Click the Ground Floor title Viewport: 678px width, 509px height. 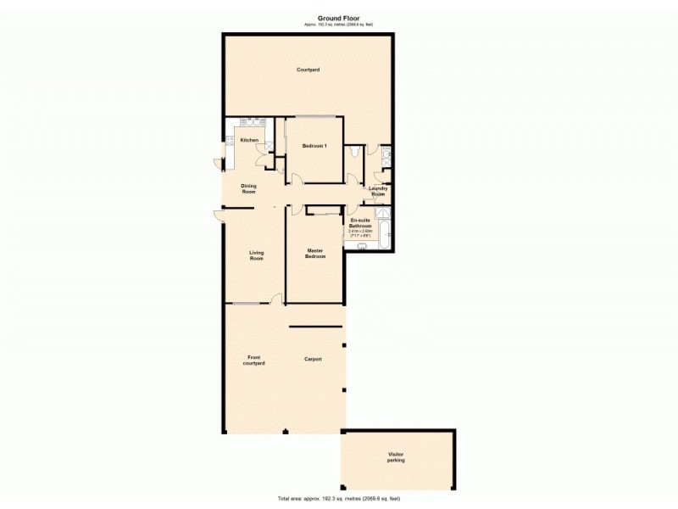pyautogui.click(x=339, y=17)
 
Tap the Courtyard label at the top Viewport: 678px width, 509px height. pyautogui.click(x=308, y=70)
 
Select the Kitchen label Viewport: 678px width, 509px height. pyautogui.click(x=249, y=140)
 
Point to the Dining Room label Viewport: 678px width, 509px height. pyautogui.click(x=248, y=188)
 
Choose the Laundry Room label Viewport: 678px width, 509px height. pyautogui.click(x=378, y=191)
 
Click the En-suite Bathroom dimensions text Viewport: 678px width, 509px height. pyautogui.click(x=360, y=232)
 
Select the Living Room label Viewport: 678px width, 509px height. pyautogui.click(x=256, y=255)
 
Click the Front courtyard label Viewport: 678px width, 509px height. pyautogui.click(x=255, y=360)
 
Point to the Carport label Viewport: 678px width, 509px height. pyautogui.click(x=314, y=360)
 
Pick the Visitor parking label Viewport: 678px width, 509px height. pyautogui.click(x=396, y=457)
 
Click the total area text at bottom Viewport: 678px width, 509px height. pyautogui.click(x=339, y=498)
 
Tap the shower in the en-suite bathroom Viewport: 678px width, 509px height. pyautogui.click(x=382, y=212)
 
